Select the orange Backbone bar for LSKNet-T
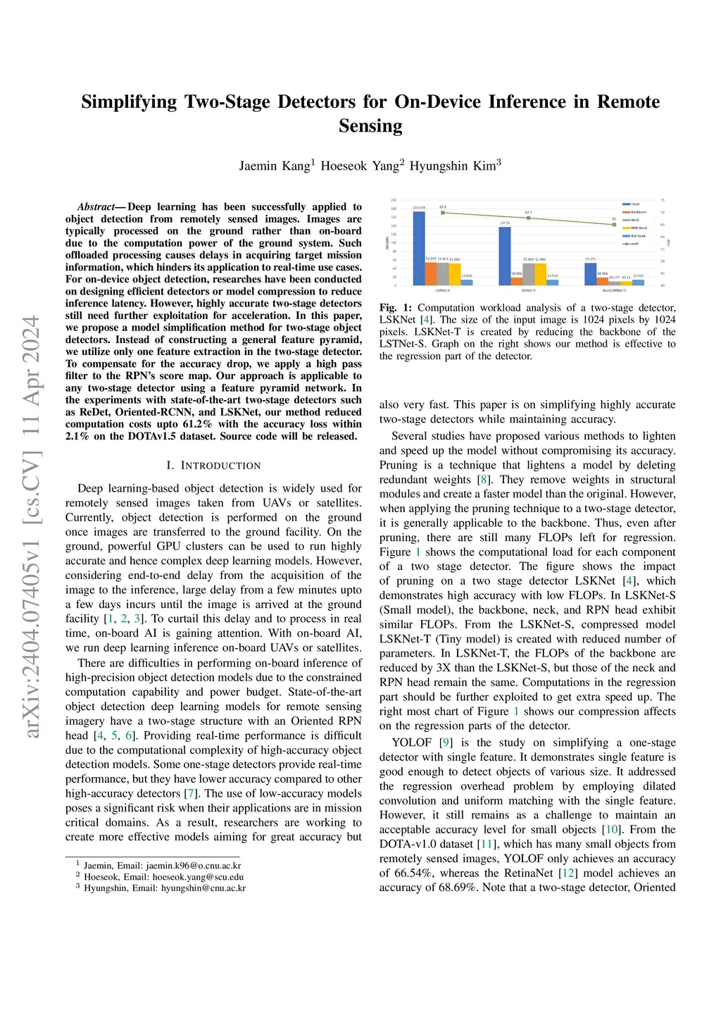pyautogui.click(x=516, y=281)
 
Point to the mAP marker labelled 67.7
pyautogui.click(x=529, y=218)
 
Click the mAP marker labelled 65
pyautogui.click(x=615, y=225)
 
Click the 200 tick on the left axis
pyautogui.click(x=394, y=201)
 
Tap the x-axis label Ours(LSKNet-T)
pyautogui.click(x=614, y=290)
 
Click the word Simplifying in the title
pyautogui.click(x=129, y=102)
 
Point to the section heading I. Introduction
pyautogui.click(x=213, y=466)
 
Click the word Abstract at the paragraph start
pyautogui.click(x=96, y=207)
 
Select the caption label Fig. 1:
pyautogui.click(x=396, y=308)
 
